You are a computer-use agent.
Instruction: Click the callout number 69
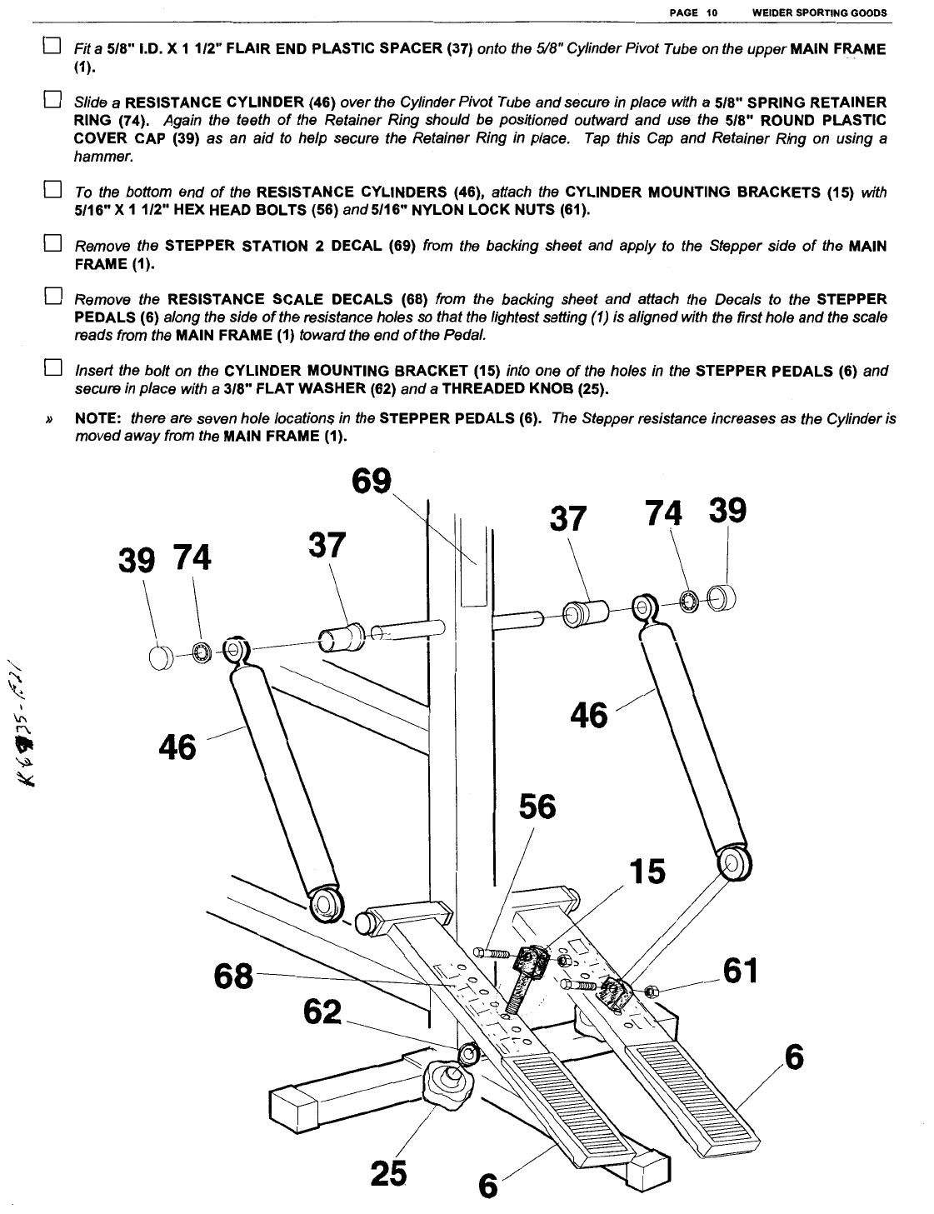(371, 482)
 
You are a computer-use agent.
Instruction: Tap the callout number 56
(537, 807)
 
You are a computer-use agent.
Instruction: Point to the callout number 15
(647, 872)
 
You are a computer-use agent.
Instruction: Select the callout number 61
(739, 970)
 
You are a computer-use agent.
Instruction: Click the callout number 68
(233, 976)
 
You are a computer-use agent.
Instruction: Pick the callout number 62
(322, 1012)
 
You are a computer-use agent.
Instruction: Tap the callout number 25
(388, 1173)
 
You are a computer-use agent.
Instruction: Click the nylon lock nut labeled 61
(652, 991)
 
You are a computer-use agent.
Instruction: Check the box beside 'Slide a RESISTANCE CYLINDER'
(51, 102)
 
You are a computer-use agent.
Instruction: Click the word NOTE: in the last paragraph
(99, 419)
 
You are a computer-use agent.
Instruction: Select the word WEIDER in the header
(772, 13)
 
